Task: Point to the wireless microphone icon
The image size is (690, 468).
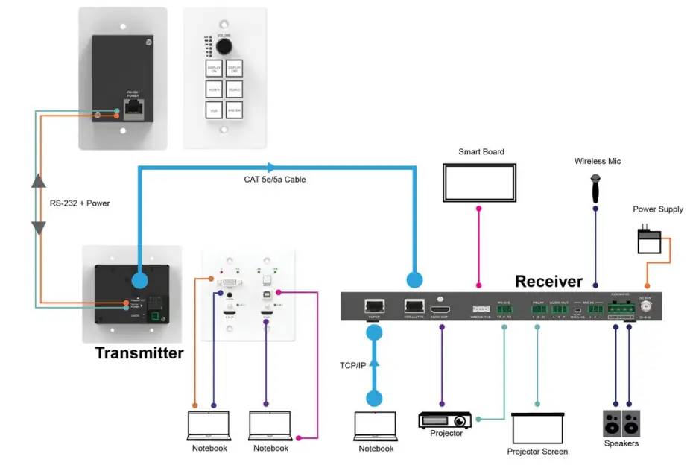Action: pos(596,187)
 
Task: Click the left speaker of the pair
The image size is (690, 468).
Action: pos(612,423)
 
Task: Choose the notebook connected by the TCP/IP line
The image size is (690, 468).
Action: pos(376,426)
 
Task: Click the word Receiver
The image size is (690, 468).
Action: pos(548,281)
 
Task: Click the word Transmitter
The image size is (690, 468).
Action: pos(139,353)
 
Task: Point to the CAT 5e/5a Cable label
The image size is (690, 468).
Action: pos(275,180)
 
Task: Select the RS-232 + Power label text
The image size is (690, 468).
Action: pos(80,203)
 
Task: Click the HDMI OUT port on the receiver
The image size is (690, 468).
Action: pos(443,306)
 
